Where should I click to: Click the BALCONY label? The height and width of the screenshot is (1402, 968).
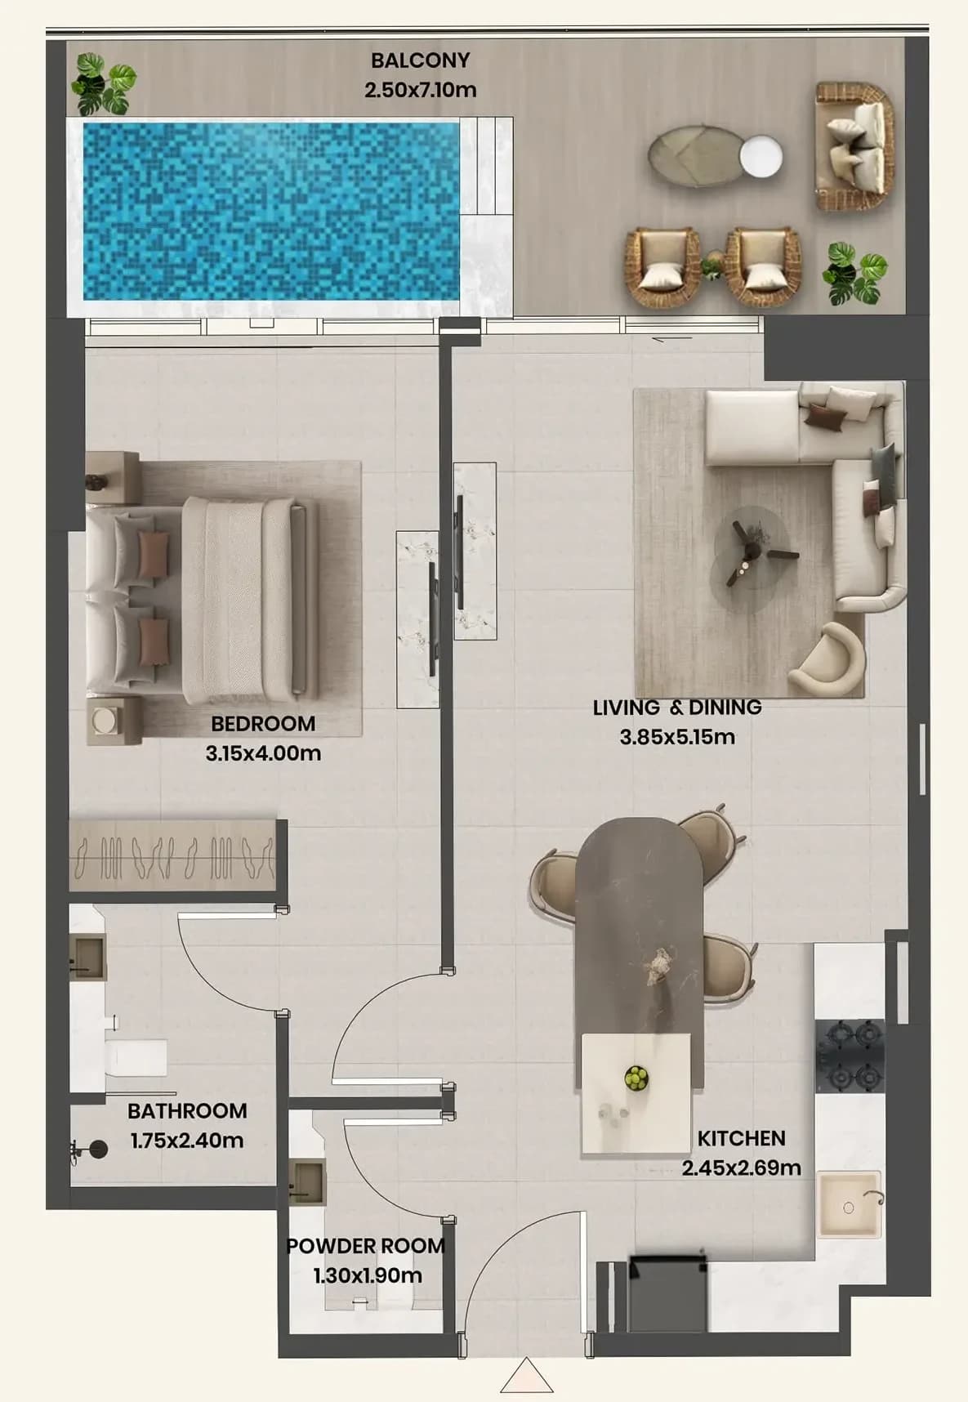(420, 60)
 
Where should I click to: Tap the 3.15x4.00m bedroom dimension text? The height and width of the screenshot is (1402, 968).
(263, 753)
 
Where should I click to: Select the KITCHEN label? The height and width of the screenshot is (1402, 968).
(741, 1138)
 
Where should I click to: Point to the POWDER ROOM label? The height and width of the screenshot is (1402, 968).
(366, 1246)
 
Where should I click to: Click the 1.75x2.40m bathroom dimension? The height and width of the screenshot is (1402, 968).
(187, 1141)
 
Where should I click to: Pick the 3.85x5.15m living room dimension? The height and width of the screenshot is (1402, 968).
(677, 737)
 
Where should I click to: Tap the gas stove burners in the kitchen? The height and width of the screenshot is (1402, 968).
(850, 1056)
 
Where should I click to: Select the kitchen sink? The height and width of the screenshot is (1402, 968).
(850, 1205)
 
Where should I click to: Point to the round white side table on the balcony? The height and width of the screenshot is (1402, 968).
(761, 156)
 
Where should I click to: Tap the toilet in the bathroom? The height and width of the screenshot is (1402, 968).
(136, 1057)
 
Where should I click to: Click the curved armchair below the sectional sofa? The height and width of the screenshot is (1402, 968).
(827, 659)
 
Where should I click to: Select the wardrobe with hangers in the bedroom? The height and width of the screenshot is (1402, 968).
(172, 855)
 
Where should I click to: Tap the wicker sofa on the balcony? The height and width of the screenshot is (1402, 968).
(854, 147)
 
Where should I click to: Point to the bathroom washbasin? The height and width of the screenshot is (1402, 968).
(87, 958)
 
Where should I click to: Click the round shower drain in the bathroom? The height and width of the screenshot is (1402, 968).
(98, 1150)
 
